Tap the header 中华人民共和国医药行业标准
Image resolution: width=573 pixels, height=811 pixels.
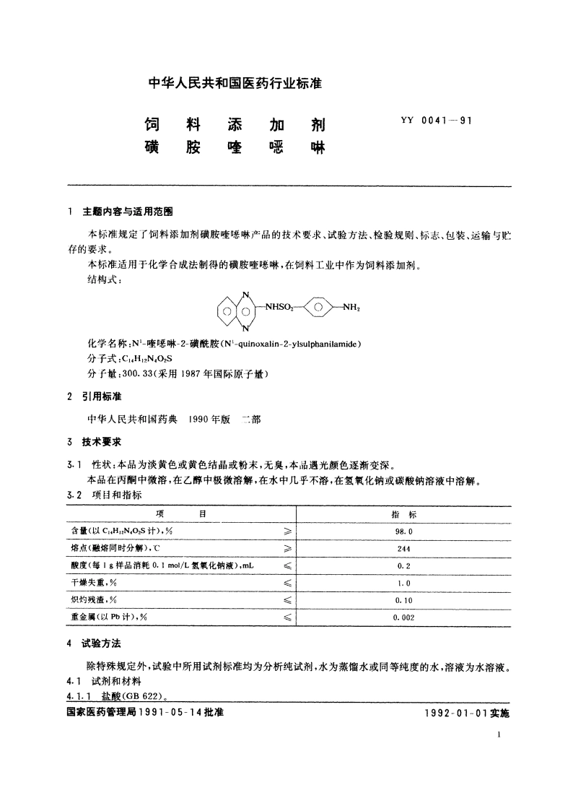(x=235, y=83)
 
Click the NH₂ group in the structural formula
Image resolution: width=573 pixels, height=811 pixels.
(x=351, y=307)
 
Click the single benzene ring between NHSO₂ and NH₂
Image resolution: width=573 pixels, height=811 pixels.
(x=318, y=307)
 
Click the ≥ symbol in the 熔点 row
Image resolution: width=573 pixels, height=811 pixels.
(x=286, y=548)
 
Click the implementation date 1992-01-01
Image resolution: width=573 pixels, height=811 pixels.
(x=458, y=712)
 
